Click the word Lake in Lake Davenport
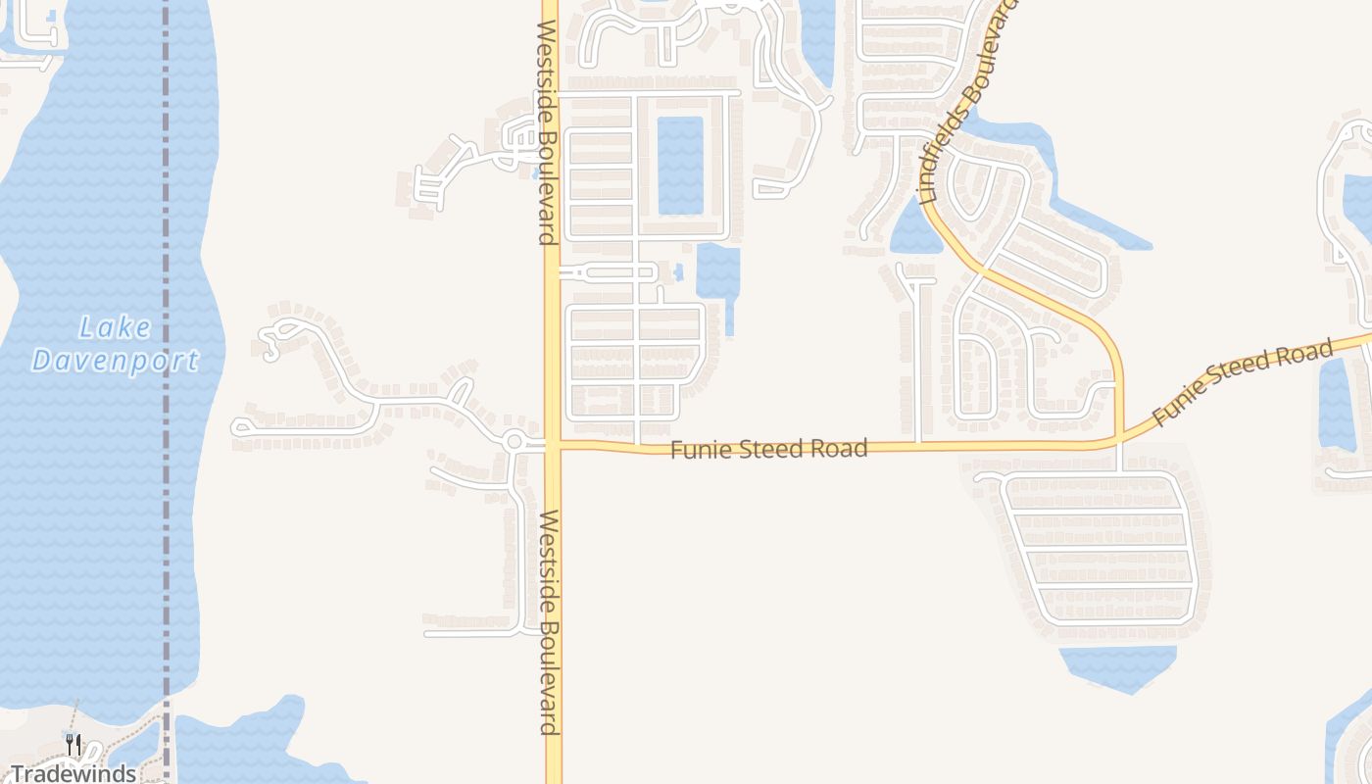pyautogui.click(x=116, y=327)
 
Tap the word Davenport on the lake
pyautogui.click(x=116, y=361)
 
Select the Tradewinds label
pyautogui.click(x=73, y=773)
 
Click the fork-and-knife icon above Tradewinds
pyautogui.click(x=73, y=744)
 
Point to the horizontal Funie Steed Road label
pyautogui.click(x=769, y=449)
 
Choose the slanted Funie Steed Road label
pyautogui.click(x=1243, y=382)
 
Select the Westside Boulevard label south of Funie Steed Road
pyautogui.click(x=549, y=621)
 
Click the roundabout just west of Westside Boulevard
pyautogui.click(x=514, y=442)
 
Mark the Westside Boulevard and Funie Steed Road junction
pyautogui.click(x=553, y=445)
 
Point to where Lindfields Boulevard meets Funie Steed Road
pyautogui.click(x=1120, y=440)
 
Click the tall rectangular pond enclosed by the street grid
pyautogui.click(x=680, y=166)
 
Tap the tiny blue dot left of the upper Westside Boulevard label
pyautogui.click(x=535, y=174)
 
